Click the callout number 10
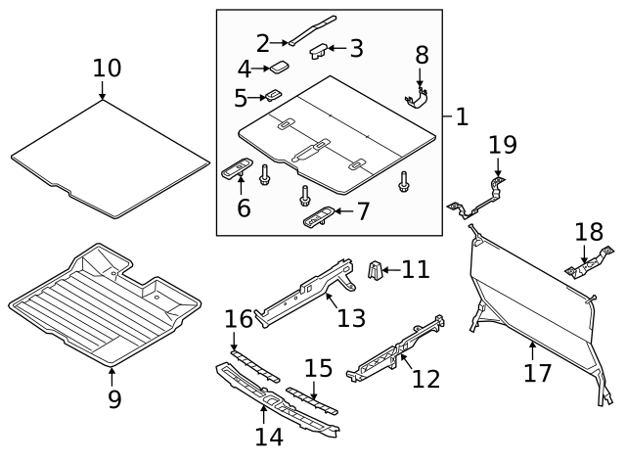point(108,69)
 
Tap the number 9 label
point(114,399)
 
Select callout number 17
point(539,372)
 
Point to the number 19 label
point(503,145)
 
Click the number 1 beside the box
point(462,116)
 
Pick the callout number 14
point(269,436)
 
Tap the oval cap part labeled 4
point(279,68)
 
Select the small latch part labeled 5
point(273,95)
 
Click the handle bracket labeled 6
point(239,169)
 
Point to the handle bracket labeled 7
point(317,216)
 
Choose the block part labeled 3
point(319,51)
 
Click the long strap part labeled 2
point(311,28)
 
